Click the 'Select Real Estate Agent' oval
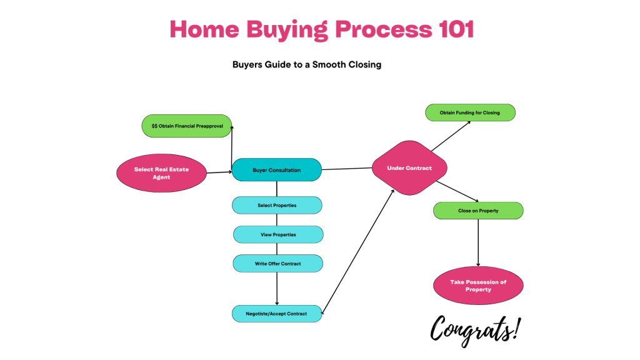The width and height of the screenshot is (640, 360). pos(161,173)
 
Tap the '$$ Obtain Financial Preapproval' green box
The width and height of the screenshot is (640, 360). pos(187,126)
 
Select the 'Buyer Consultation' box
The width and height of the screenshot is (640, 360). pos(276,170)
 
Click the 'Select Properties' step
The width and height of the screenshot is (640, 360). pos(277,205)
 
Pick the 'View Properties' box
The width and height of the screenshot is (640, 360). pos(278,234)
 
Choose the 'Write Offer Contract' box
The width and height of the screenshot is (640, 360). pos(277,264)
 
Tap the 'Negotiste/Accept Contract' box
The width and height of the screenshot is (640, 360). pos(277,314)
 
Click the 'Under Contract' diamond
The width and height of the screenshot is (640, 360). pos(409,168)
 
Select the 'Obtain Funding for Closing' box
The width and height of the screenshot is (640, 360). pos(470,112)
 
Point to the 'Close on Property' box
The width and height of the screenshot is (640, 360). pos(478,211)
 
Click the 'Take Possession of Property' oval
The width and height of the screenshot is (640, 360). pos(478,286)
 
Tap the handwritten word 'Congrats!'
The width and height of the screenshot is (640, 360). pos(475,327)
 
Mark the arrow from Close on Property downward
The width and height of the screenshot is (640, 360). pos(479,244)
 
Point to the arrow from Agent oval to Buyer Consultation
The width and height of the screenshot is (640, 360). pos(219,172)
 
